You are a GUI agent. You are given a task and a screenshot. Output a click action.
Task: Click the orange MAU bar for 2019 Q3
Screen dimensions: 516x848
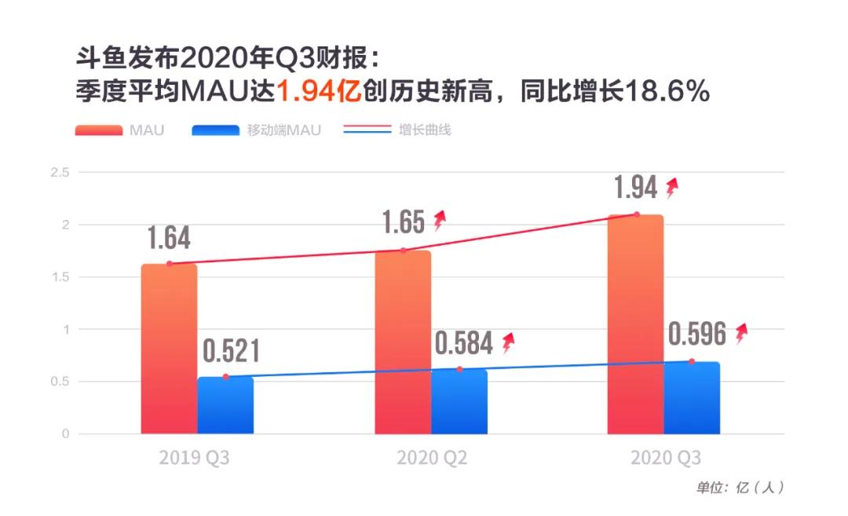[169, 349]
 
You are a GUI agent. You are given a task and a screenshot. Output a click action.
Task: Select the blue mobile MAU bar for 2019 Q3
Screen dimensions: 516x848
[225, 406]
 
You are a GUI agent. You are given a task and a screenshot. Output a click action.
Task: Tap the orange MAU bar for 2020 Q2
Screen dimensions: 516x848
[403, 342]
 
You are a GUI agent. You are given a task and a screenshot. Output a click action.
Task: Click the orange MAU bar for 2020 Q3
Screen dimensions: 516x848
[635, 324]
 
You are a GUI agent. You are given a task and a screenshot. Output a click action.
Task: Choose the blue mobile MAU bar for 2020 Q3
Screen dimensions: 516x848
[692, 398]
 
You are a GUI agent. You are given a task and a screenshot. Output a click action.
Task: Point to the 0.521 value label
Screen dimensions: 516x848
[232, 350]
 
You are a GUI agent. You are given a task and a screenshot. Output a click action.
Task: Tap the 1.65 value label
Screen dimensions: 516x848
[403, 223]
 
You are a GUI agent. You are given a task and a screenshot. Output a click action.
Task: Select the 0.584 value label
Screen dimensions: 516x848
[464, 343]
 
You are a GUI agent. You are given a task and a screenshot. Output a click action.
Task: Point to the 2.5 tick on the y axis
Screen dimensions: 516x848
[59, 172]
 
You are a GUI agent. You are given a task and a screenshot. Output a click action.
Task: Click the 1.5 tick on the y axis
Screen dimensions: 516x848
[59, 277]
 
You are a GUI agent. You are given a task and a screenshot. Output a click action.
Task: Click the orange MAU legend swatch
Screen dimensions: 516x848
[98, 130]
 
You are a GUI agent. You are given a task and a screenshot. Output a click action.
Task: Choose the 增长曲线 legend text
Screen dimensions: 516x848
[425, 130]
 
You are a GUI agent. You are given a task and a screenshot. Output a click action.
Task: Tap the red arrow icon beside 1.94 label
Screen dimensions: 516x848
[671, 188]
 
